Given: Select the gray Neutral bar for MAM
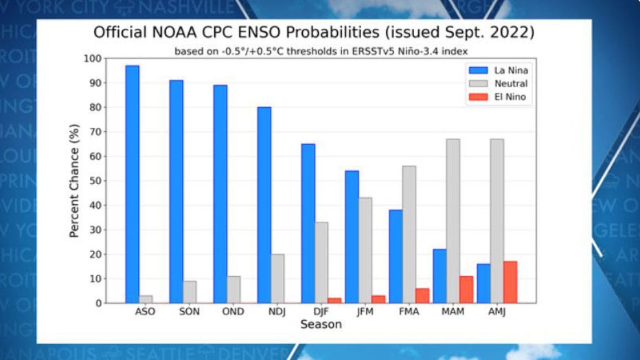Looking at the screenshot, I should pyautogui.click(x=453, y=221).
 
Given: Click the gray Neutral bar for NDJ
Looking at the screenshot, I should pyautogui.click(x=278, y=278).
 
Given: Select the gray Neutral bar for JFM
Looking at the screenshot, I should pyautogui.click(x=366, y=250).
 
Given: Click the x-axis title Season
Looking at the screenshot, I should pyautogui.click(x=321, y=324).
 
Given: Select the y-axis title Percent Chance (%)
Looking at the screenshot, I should pyautogui.click(x=74, y=181).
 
